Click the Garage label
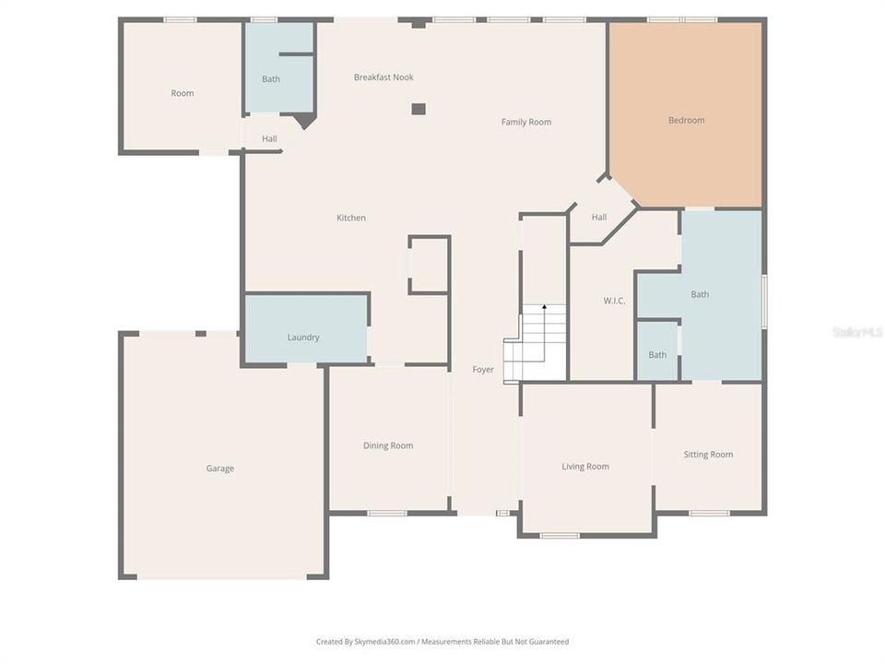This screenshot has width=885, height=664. coord(219,468)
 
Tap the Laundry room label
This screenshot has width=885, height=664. coord(303,338)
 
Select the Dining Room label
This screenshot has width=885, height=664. coord(388,445)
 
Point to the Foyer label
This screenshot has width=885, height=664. coord(483,370)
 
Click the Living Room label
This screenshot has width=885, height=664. coord(585,467)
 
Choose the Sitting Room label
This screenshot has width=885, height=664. coord(708,454)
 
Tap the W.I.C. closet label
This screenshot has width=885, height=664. coord(616,301)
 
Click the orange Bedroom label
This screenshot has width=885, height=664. coord(686,120)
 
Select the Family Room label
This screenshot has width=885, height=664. coord(526,122)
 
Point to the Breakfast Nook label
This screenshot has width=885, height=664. coord(383,77)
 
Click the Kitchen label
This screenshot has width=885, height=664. coord(351,218)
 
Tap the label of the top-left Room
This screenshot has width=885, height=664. coord(183,93)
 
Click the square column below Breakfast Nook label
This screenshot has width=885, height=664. coord(419,109)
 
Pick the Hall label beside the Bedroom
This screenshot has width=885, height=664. coord(599,218)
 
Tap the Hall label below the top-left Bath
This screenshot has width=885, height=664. coord(269,139)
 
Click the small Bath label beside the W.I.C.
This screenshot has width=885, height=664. coord(657,355)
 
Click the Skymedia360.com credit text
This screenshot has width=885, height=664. coord(442,642)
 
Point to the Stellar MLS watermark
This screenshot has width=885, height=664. coord(857,332)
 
